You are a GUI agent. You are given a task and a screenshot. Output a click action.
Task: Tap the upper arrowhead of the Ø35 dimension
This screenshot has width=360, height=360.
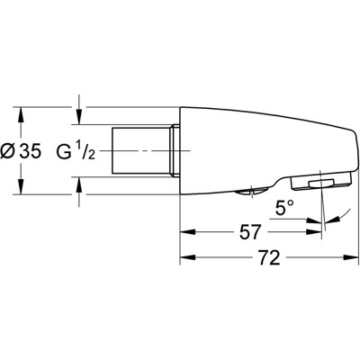point(21,112)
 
